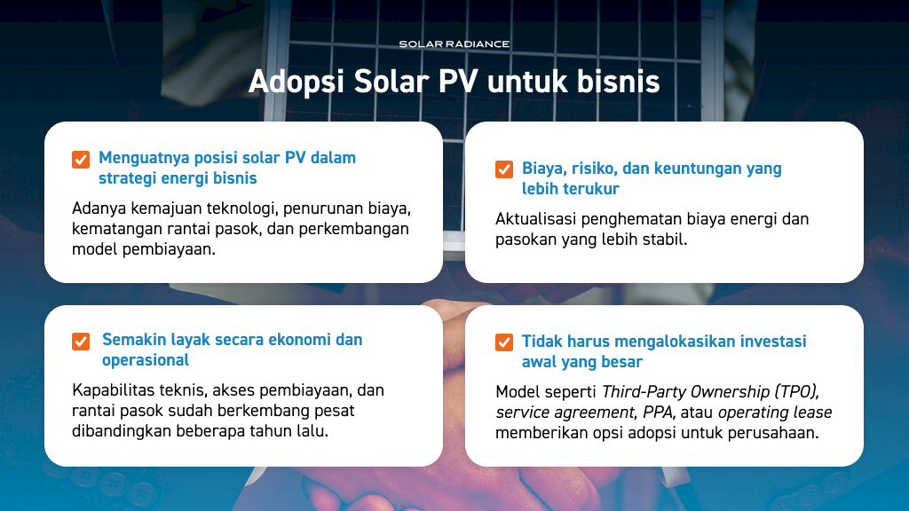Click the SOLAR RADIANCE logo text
(x=454, y=44)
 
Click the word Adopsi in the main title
(x=296, y=82)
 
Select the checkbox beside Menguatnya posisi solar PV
(x=81, y=160)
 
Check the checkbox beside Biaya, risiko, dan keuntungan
(x=504, y=169)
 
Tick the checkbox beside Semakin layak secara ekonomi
(x=81, y=342)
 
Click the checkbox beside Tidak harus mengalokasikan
(x=504, y=342)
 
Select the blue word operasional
(x=146, y=360)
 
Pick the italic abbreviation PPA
(x=660, y=413)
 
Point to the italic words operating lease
(x=775, y=413)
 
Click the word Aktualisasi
(x=536, y=219)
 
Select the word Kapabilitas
(x=110, y=390)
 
